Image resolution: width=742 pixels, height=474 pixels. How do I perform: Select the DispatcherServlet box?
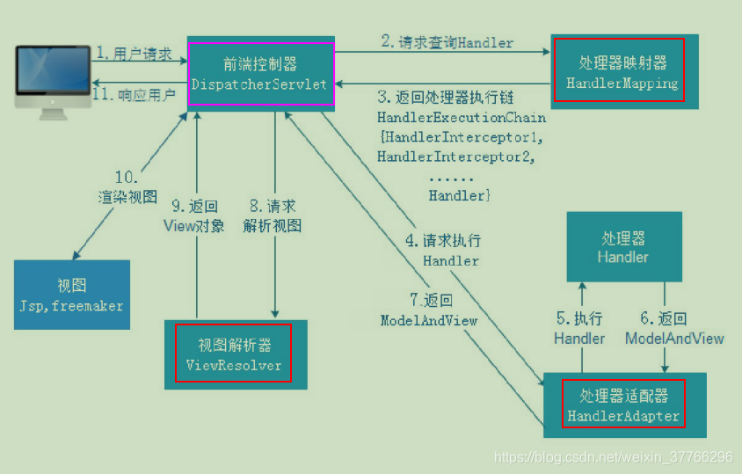point(261,73)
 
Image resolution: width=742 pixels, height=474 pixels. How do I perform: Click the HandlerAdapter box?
point(623,405)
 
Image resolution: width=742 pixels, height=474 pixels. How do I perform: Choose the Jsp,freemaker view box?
point(71,295)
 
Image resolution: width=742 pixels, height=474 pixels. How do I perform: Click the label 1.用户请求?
point(134,54)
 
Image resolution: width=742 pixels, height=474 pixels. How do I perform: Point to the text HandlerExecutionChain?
point(461,117)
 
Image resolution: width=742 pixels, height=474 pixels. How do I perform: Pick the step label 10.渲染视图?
point(127,186)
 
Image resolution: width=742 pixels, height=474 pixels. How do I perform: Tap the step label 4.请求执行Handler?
point(450,250)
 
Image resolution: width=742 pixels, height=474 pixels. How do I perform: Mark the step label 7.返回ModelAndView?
point(428,310)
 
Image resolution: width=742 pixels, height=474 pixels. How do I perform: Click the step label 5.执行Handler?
point(579,328)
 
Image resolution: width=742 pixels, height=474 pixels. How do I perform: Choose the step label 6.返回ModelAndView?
point(674,328)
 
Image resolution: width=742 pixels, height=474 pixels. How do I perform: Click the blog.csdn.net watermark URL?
point(613,457)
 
